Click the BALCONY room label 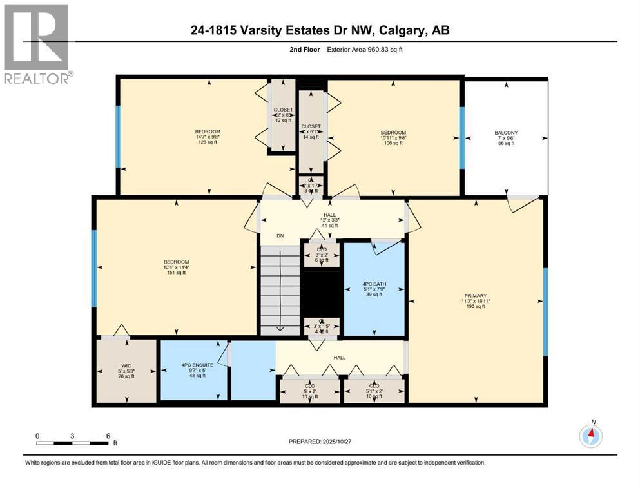(x=506, y=138)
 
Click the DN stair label (x=280, y=236)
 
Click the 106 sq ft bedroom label (x=393, y=138)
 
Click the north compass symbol (x=590, y=436)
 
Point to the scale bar (x=72, y=443)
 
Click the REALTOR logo (x=37, y=44)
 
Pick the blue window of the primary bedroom (x=545, y=312)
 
